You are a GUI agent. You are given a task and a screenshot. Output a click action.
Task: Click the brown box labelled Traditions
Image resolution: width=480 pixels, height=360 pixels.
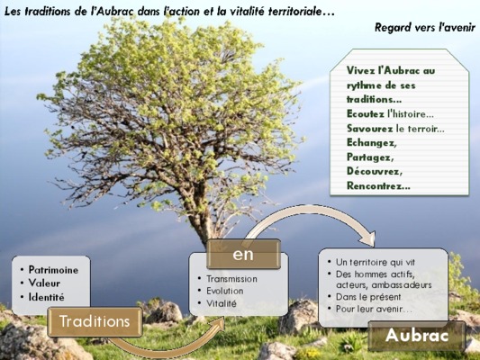coord(95,322)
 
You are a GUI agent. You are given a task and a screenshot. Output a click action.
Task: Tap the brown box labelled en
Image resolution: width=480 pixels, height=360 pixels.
coord(243,254)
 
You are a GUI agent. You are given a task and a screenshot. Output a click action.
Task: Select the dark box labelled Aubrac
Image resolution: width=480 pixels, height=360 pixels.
coord(417,336)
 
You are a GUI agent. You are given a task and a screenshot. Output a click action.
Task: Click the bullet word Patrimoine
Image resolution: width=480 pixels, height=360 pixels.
coord(53,270)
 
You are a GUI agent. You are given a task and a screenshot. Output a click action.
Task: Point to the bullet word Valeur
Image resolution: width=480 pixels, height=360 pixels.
coord(44,283)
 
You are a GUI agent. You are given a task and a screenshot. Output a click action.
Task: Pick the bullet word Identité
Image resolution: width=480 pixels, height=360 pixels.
coord(47,297)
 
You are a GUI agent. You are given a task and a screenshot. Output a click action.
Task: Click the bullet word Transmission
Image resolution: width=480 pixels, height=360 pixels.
coord(231,279)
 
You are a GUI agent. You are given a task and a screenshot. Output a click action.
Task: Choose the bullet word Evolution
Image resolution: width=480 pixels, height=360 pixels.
coord(225,291)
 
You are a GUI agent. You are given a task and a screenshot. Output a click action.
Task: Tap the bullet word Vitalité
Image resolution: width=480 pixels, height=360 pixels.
coord(222,303)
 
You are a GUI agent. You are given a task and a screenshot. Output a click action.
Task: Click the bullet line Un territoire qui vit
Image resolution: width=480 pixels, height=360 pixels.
coord(376,262)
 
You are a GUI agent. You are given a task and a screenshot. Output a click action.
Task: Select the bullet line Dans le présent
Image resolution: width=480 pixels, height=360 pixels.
coord(368,297)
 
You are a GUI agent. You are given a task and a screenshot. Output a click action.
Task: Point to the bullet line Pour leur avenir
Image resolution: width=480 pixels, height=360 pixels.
coord(374,309)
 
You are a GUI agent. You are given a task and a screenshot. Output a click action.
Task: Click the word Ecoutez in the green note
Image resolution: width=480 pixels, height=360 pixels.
coord(366,113)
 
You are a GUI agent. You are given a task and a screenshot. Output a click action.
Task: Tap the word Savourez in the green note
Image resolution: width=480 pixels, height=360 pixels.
coord(369,129)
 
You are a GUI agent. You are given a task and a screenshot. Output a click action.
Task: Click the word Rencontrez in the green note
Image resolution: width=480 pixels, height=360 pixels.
coord(378,185)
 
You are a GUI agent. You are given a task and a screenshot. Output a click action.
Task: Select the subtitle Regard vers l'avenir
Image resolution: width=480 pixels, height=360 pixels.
coord(425,27)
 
